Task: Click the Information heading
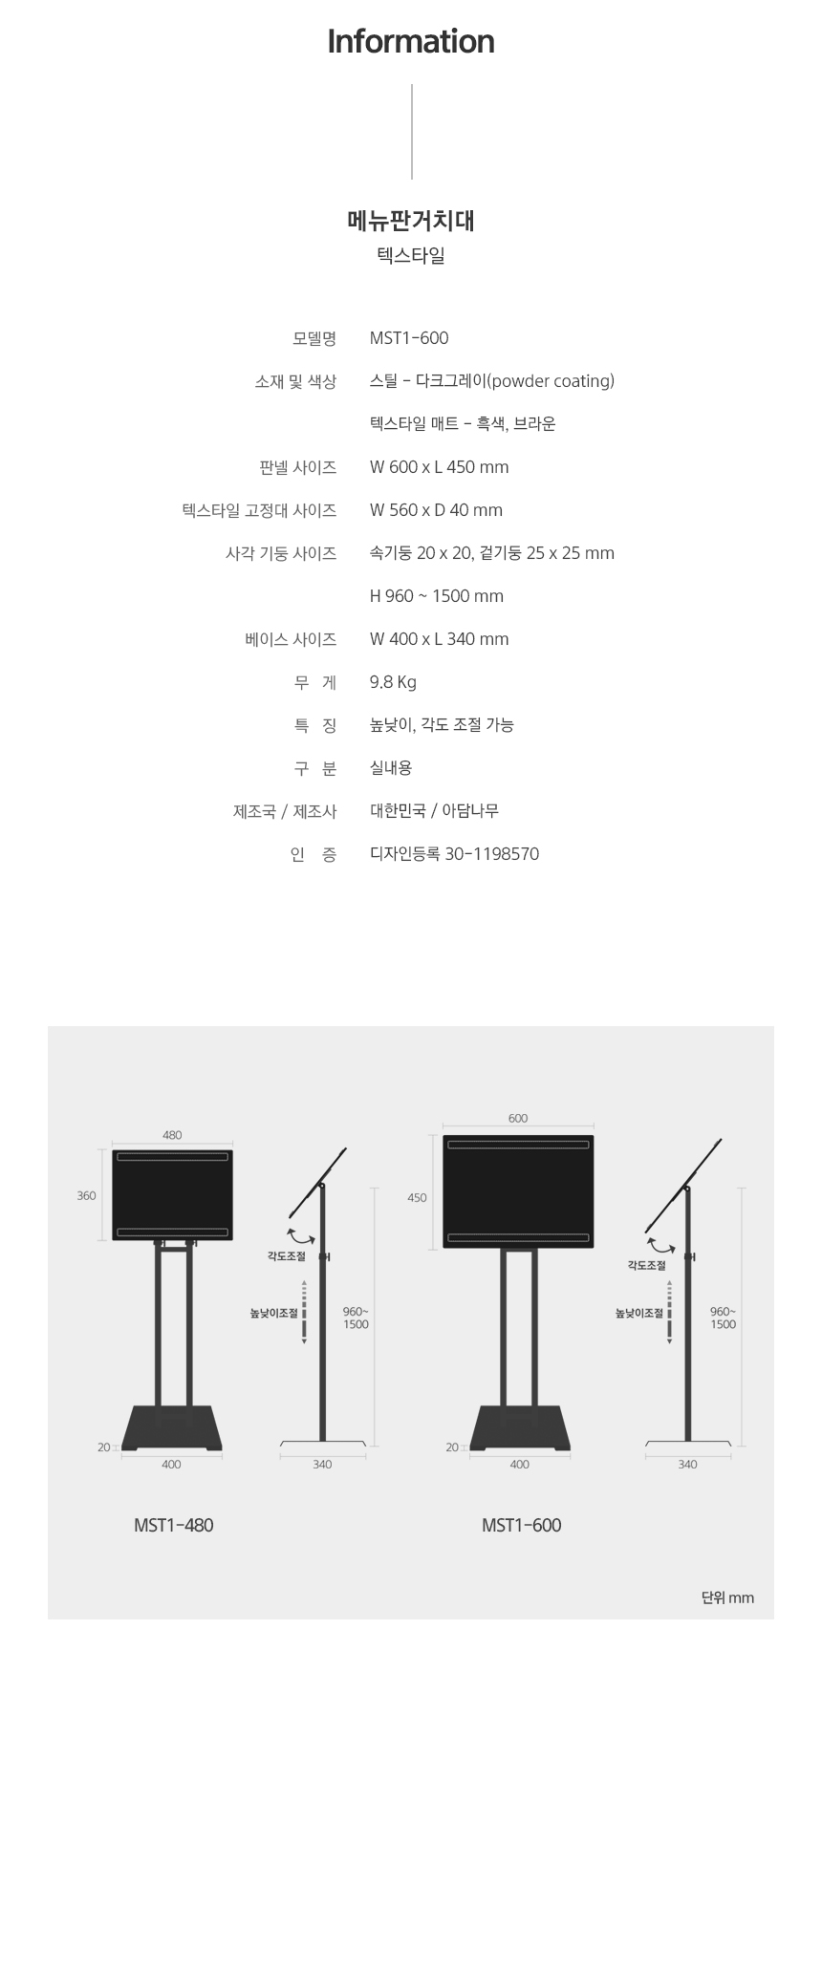tap(411, 41)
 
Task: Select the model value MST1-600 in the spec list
tap(409, 338)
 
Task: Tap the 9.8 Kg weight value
tap(393, 682)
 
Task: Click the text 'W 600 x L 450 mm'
tap(440, 467)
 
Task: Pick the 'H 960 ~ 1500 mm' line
tap(437, 596)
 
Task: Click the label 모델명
tap(314, 338)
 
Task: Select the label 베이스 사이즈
tap(291, 639)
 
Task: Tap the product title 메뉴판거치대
tap(411, 222)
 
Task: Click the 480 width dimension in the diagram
tap(172, 1135)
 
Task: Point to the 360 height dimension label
tap(87, 1196)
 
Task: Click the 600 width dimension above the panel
tap(518, 1118)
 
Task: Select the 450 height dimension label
tap(418, 1198)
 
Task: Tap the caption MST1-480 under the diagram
tap(174, 1525)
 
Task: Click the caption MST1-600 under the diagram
tap(522, 1525)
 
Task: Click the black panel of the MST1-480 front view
tap(173, 1195)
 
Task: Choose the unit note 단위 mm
tap(727, 1597)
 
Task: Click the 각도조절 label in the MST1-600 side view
tap(647, 1265)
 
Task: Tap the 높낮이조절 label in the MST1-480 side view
tap(275, 1314)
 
